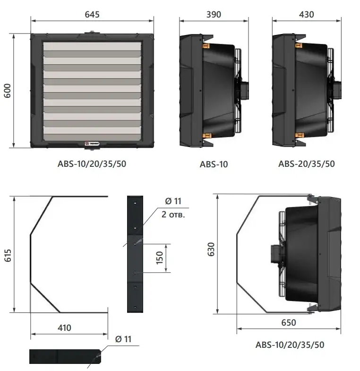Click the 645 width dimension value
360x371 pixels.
92,15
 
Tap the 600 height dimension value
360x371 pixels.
8,91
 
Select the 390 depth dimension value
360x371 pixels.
214,15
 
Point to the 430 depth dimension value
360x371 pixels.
306,15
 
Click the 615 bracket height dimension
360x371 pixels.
8,255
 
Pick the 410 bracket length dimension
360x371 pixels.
64,328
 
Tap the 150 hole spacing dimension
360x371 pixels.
160,258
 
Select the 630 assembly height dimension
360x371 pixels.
211,249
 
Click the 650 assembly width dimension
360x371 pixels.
288,322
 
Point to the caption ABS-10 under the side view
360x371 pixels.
214,164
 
